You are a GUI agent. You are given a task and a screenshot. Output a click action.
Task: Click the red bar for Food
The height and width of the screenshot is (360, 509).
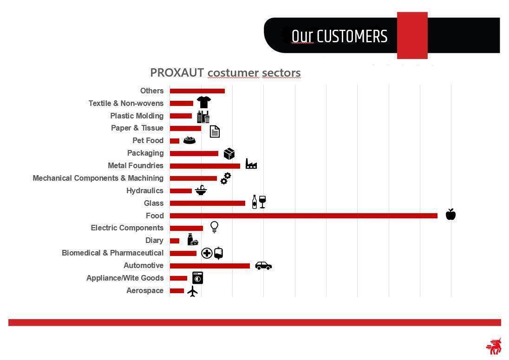(x=304, y=216)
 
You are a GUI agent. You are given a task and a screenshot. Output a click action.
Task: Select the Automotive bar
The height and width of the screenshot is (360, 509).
(x=210, y=266)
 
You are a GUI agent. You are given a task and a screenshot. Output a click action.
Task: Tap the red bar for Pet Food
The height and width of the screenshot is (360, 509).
(x=174, y=141)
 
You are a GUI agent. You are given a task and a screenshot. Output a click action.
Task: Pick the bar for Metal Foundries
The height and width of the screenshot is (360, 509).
(x=205, y=166)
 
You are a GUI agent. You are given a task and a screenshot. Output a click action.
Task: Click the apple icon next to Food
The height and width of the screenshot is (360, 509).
(x=450, y=214)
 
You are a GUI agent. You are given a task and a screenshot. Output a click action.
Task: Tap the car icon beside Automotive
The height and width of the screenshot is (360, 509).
(x=263, y=266)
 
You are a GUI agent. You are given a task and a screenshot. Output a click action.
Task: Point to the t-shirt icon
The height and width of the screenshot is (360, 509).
(x=204, y=102)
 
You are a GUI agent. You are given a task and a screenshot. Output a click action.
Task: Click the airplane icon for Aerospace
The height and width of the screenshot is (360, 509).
(x=192, y=291)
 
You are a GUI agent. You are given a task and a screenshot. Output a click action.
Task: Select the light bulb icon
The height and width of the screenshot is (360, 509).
(x=214, y=227)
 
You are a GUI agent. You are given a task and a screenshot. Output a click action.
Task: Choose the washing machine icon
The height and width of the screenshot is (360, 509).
(x=198, y=278)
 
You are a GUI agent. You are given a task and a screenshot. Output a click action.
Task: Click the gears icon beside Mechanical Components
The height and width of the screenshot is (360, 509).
(x=226, y=178)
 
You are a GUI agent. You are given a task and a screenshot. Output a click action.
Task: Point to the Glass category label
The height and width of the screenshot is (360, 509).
(x=154, y=203)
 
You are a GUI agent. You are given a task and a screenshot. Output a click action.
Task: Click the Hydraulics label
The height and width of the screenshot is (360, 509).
(x=145, y=190)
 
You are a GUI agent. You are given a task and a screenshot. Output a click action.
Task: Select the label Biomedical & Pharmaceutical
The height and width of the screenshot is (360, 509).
(x=113, y=253)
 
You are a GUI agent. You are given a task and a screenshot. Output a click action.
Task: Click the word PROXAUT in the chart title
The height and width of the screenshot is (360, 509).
(x=177, y=73)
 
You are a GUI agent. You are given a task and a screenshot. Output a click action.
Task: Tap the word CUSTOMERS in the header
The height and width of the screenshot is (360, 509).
(x=352, y=36)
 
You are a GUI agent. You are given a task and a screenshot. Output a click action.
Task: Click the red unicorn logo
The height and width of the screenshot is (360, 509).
(x=494, y=347)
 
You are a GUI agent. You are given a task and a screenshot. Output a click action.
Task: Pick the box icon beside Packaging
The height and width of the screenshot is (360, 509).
(x=229, y=154)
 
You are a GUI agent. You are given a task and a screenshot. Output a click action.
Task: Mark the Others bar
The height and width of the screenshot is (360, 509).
(x=197, y=91)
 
